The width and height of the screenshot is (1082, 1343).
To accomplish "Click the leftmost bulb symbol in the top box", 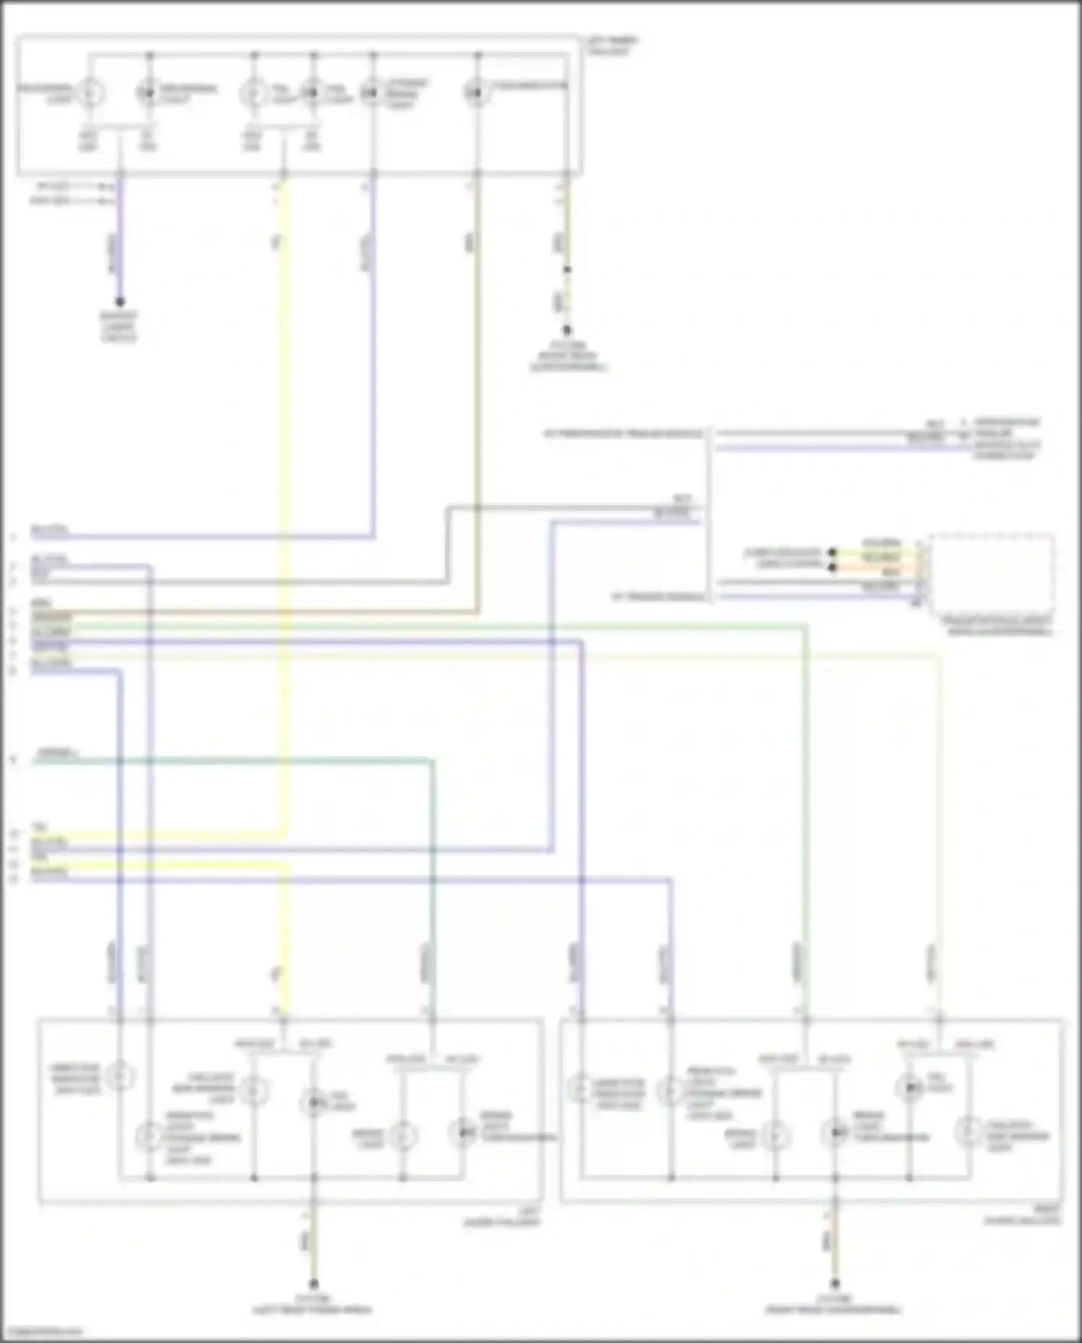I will coord(90,93).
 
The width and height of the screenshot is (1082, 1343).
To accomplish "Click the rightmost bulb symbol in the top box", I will coord(476,92).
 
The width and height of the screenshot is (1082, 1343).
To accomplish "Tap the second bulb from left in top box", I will coord(147,92).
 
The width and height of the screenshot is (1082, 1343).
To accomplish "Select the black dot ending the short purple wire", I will coord(120,302).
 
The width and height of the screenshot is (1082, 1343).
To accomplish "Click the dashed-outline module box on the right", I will coord(993,573).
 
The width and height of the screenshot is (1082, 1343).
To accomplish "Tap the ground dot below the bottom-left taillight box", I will coord(314,1285).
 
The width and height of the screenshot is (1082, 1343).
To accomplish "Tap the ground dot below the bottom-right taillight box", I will coord(835,1285).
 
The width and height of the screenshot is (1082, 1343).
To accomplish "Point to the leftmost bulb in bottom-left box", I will coord(120,1076).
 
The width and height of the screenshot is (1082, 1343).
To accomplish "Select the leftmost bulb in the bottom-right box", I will coord(579,1090).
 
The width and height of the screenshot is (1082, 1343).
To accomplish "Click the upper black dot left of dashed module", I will coord(832,553).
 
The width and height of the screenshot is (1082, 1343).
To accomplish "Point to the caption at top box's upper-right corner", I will coord(612,47).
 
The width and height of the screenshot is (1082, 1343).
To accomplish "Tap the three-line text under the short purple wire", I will coord(119,327).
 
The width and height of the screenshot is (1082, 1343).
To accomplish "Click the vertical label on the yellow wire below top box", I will coord(276,242).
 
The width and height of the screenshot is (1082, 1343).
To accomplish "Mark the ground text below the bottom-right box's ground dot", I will coord(834,1305).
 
